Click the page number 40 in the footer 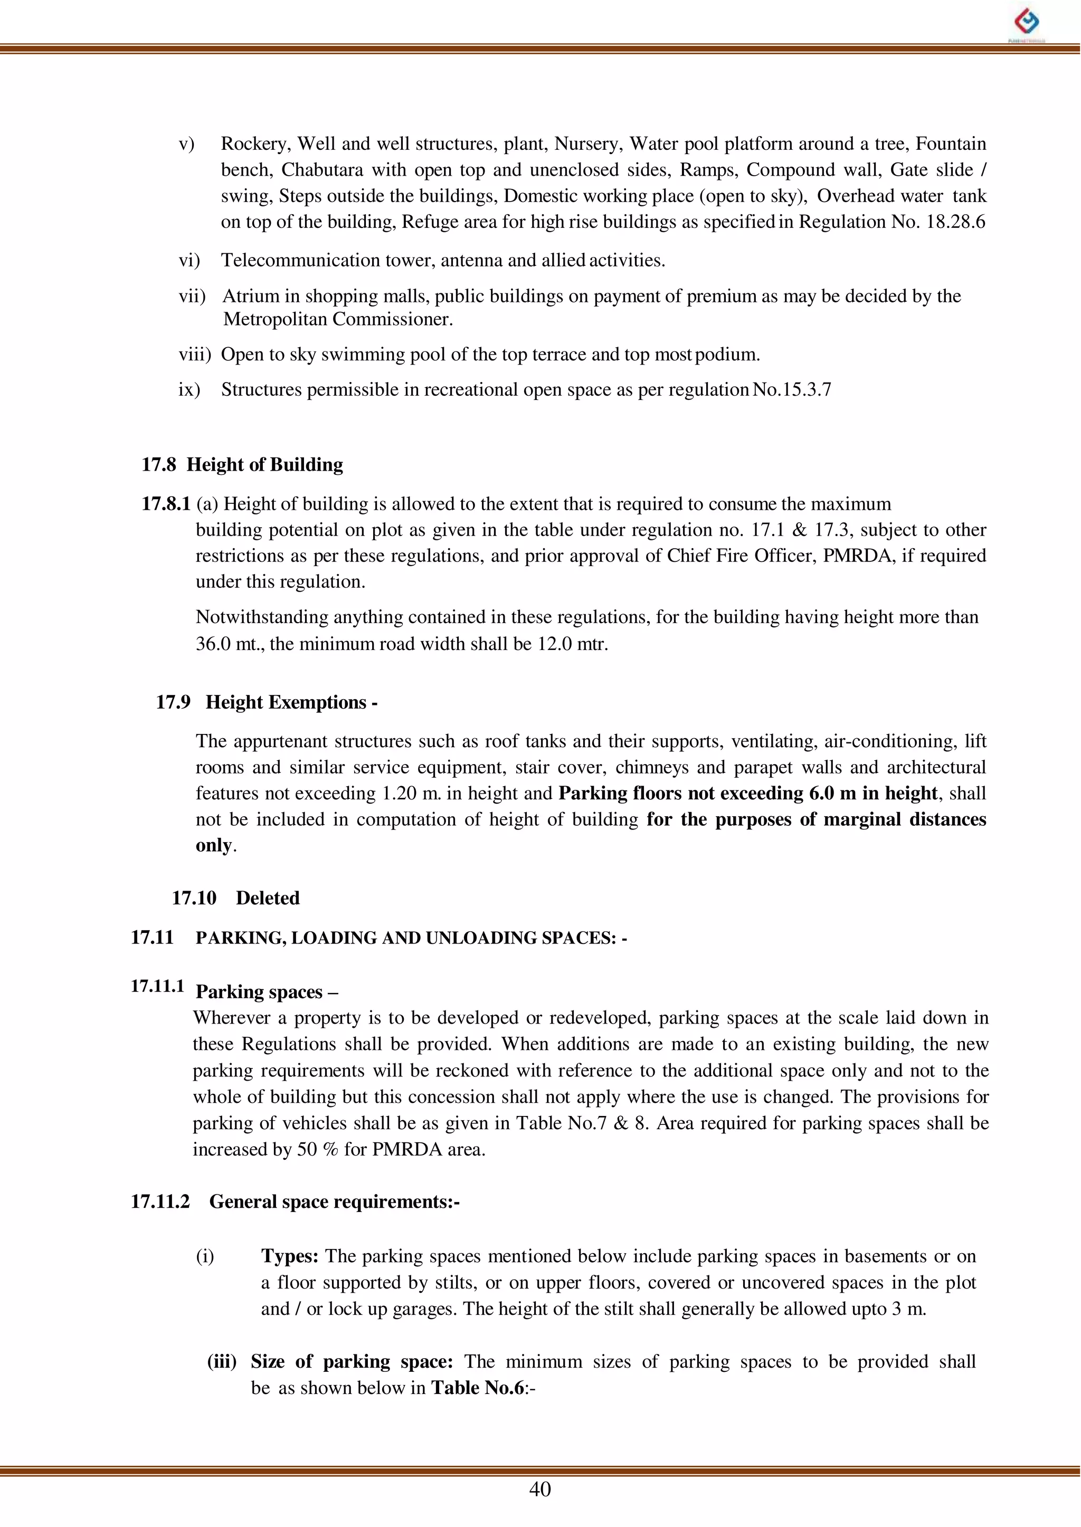click(540, 1488)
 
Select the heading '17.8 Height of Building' click(242, 464)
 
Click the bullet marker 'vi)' click(189, 260)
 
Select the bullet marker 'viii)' click(194, 355)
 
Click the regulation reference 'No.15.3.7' click(792, 390)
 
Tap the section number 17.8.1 click(166, 504)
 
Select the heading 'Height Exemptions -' click(291, 703)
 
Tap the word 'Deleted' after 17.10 click(268, 898)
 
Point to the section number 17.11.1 click(157, 986)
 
